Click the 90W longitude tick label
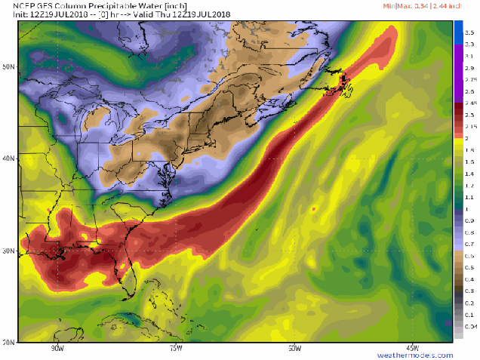pos(57,348)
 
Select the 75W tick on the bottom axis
pos(176,348)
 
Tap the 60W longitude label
pos(294,348)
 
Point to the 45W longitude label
pos(413,348)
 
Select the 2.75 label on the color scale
pos(470,79)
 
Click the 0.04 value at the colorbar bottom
pos(470,326)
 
